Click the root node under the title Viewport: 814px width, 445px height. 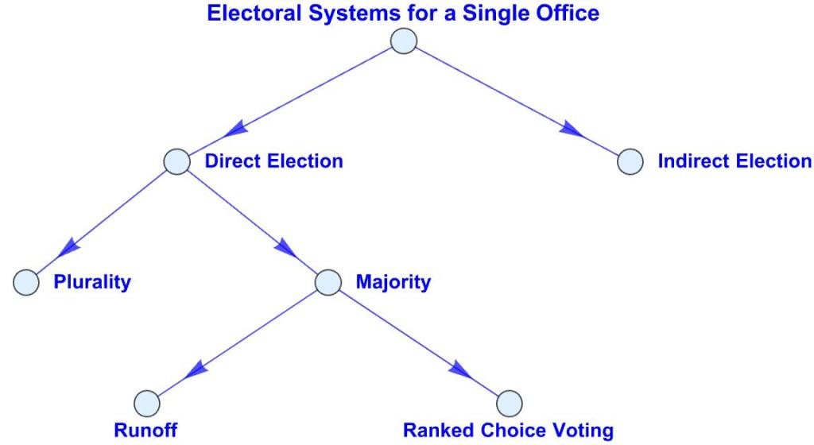[404, 41]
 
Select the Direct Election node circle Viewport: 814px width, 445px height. [177, 161]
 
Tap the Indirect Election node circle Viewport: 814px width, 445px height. [630, 161]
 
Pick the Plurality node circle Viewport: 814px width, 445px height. [26, 282]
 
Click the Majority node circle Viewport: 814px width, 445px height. [328, 282]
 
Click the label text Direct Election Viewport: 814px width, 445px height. [273, 161]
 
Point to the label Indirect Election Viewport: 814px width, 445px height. [735, 161]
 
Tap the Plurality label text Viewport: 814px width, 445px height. [91, 282]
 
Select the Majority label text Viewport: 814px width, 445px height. [393, 282]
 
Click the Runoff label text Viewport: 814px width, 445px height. [145, 431]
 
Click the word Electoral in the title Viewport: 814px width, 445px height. [246, 14]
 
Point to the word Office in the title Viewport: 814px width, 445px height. [569, 14]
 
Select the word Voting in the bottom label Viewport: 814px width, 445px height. [584, 431]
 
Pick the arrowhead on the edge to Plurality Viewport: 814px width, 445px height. [70, 247]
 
